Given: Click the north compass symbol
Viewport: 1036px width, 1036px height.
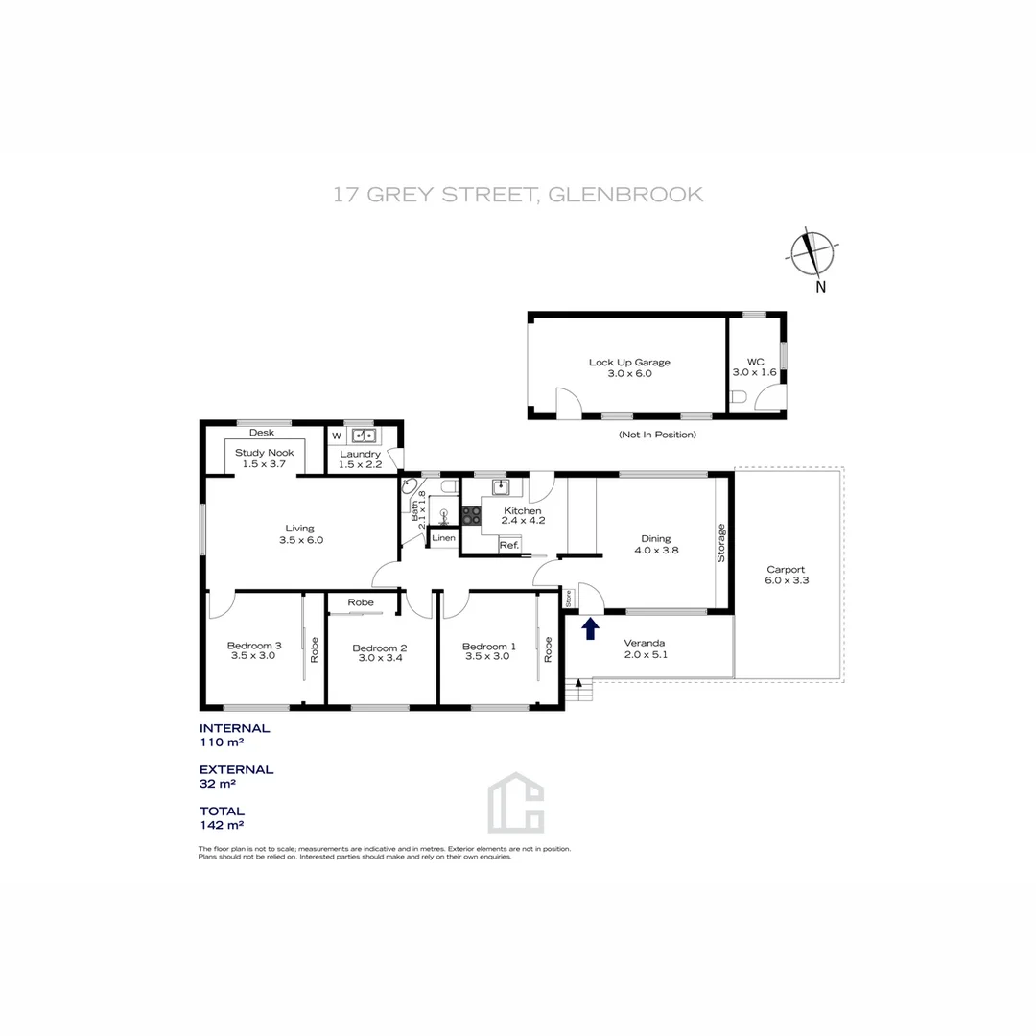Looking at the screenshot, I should pos(813,254).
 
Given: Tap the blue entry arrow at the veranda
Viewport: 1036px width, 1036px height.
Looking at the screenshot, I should pos(591,628).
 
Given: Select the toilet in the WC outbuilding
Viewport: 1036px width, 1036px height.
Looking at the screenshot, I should pos(739,397).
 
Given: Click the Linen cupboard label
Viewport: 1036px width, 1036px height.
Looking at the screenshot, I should pos(443,538).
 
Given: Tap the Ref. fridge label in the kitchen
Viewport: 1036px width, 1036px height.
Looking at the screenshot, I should pos(508,545).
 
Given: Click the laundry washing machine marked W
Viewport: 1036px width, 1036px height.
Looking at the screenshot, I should pos(337,436).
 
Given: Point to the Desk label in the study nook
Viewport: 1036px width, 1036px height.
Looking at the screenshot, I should pos(262,433).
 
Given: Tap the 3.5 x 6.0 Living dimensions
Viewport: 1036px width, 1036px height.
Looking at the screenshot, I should pos(300,540).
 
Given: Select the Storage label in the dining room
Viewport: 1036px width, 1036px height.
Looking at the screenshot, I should pos(722,542).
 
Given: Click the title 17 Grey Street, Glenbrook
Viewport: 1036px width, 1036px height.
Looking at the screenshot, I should pos(518,195).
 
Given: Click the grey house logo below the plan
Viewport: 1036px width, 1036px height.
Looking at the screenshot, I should pos(515,803).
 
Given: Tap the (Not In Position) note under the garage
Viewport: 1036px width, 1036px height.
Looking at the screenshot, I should pos(657,435).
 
